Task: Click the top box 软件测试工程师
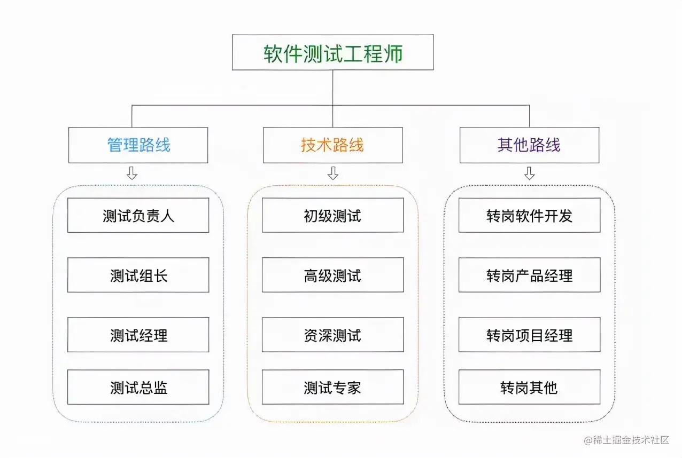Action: point(332,53)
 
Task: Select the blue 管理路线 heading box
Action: point(138,145)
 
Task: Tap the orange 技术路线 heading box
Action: point(332,145)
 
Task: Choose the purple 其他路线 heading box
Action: point(529,145)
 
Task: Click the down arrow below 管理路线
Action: point(132,173)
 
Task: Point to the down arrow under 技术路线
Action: point(333,173)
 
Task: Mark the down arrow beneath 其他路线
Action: point(529,173)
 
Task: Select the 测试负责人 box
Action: point(138,215)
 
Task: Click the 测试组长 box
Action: point(138,275)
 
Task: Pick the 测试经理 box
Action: point(138,335)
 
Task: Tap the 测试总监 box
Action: point(138,387)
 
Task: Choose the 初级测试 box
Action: point(332,215)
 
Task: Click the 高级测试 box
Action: point(332,275)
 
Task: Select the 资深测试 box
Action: point(332,335)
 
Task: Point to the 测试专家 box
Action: point(332,387)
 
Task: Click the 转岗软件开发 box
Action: point(529,215)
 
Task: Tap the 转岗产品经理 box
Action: point(529,275)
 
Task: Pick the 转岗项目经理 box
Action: point(529,335)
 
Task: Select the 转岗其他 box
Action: point(529,387)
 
